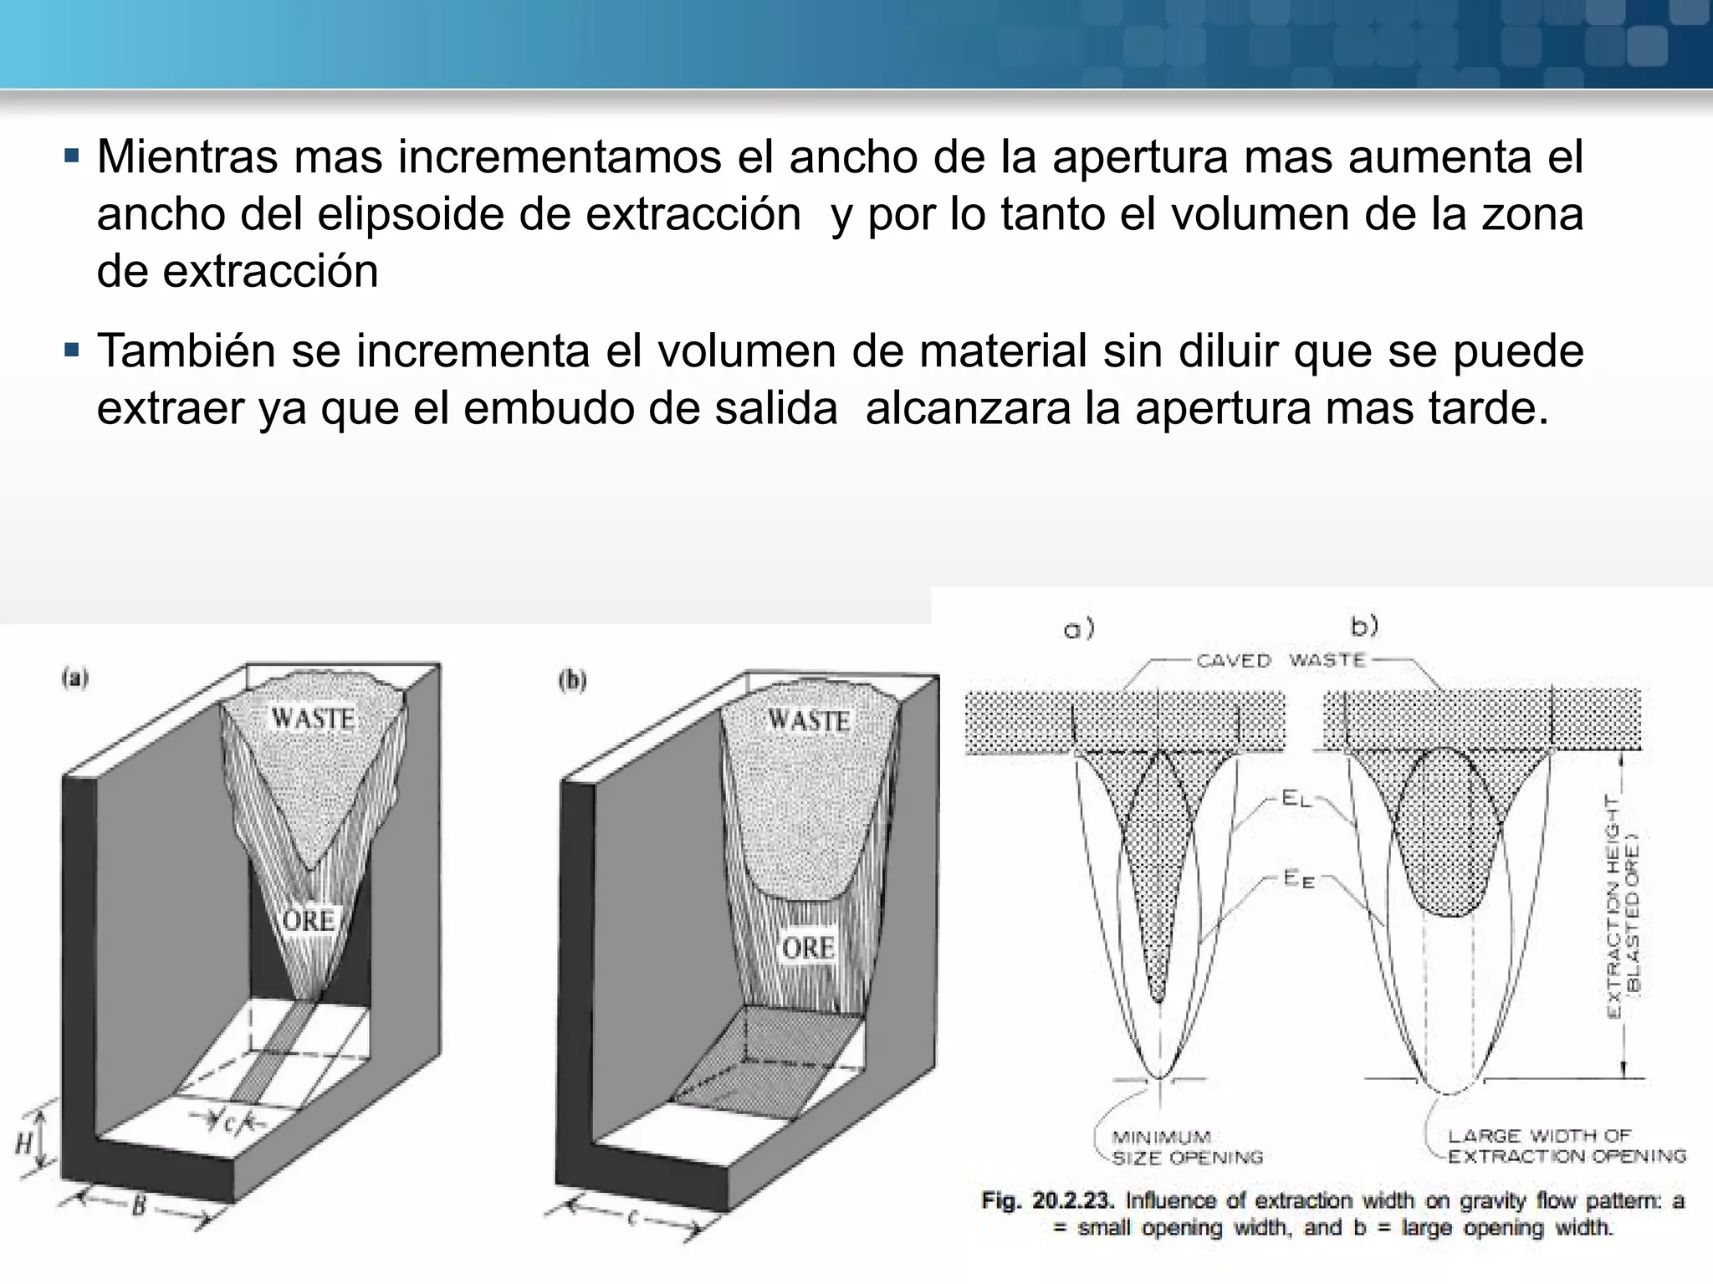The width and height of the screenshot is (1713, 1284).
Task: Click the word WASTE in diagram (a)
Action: (x=312, y=719)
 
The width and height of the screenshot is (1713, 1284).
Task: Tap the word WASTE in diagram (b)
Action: (x=808, y=720)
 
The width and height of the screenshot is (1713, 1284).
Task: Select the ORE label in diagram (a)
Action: (x=309, y=921)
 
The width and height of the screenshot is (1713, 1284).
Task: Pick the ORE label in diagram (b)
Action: (x=808, y=949)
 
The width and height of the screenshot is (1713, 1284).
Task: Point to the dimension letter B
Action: (x=139, y=1207)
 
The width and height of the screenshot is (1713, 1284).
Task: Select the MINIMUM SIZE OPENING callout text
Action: (x=1186, y=1148)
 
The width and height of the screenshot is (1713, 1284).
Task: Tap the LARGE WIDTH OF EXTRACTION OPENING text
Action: (x=1567, y=1146)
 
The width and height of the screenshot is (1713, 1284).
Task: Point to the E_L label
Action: (x=1296, y=799)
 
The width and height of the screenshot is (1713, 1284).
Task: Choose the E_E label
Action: (x=1298, y=879)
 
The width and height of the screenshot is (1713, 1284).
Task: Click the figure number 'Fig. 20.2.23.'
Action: (x=1048, y=1201)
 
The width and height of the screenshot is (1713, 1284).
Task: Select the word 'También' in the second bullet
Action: (x=185, y=351)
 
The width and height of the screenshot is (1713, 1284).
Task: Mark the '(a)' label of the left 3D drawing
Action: (x=75, y=679)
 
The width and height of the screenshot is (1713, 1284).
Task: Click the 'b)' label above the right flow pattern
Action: (x=1365, y=626)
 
